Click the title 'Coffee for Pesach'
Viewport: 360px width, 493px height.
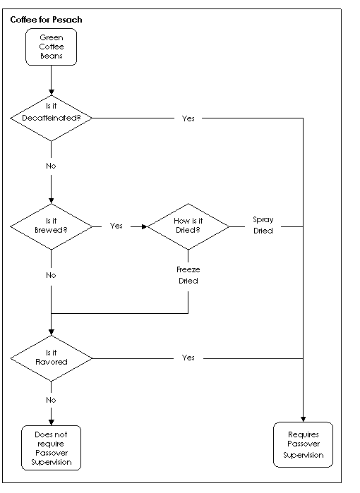coord(47,20)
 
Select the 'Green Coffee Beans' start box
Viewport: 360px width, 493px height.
coord(52,47)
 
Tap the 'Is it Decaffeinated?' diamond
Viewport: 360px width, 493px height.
coord(52,118)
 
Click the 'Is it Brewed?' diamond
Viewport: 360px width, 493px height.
coord(52,226)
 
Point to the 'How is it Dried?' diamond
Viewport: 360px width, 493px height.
coord(188,226)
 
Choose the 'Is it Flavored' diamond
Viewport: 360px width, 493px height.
coord(52,358)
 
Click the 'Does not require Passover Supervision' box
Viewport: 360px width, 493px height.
coord(52,448)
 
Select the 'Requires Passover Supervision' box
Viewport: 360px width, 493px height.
coord(303,444)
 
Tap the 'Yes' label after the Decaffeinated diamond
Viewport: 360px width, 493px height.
coord(188,118)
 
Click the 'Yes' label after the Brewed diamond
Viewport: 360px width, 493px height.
coord(116,226)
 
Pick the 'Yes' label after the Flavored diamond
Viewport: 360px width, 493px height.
coord(188,358)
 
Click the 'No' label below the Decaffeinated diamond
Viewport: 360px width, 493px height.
coord(51,166)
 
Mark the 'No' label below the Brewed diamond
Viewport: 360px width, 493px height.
coord(51,275)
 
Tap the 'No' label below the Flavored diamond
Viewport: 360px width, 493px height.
coord(51,400)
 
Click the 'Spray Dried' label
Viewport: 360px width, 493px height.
coord(263,225)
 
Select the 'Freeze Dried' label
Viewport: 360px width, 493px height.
coord(188,275)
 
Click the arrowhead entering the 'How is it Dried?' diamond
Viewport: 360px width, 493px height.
coord(145,226)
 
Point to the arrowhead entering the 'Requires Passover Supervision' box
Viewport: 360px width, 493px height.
coord(303,420)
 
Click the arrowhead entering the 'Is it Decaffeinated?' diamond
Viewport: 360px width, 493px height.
coord(52,92)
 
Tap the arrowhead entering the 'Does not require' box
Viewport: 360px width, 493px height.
coord(52,422)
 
